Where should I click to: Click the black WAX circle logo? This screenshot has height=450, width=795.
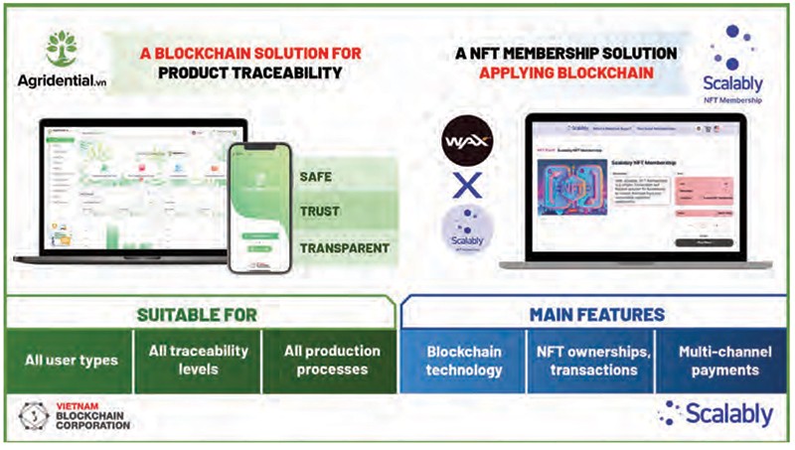click(467, 139)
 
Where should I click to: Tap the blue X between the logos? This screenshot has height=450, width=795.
click(466, 185)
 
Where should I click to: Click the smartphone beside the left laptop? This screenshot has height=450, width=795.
click(259, 208)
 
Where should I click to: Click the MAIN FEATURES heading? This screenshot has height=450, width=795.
click(597, 315)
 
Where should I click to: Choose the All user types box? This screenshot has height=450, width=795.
click(71, 361)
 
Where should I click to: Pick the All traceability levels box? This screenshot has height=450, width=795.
click(198, 361)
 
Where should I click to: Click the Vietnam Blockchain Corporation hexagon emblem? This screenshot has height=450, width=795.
click(34, 414)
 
